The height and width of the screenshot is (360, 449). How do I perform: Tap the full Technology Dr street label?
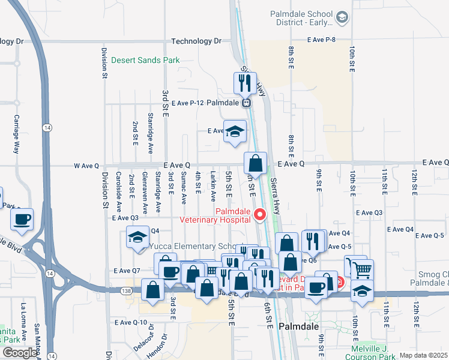click(196, 41)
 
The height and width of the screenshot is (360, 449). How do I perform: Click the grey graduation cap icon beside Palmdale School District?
click(342, 17)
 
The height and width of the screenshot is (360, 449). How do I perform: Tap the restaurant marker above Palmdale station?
click(245, 83)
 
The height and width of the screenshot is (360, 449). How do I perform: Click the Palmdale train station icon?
click(246, 103)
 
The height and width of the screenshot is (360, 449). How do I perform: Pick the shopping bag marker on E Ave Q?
click(255, 163)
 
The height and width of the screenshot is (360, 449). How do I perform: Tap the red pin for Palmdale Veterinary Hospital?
click(260, 214)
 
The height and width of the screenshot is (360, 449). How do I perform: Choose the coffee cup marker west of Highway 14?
click(22, 220)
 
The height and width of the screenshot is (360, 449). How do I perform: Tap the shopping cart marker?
click(362, 270)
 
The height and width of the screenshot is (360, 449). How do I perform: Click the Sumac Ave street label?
click(184, 193)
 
